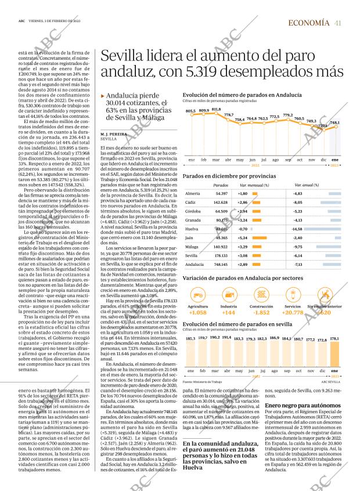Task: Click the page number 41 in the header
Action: [x=338, y=23]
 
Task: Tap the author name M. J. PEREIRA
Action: [x=113, y=134]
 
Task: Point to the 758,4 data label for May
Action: [x=240, y=120]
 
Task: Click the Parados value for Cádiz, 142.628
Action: [x=221, y=202]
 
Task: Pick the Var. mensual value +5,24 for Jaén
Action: [x=243, y=238]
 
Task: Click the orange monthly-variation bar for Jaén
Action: [x=260, y=238]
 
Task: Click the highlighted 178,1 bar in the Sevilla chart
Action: [x=334, y=359]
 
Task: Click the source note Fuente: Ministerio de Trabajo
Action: [x=202, y=382]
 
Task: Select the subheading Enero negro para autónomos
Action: [x=301, y=405]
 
